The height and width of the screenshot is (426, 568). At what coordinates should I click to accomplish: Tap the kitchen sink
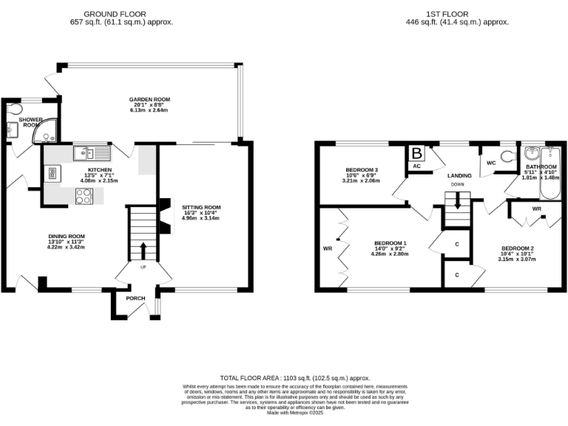click(92, 153)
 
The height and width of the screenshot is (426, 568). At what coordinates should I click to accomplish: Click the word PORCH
click(136, 298)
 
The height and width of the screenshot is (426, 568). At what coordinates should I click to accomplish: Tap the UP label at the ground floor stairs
click(143, 267)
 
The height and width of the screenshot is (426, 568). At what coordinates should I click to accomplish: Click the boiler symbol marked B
click(416, 154)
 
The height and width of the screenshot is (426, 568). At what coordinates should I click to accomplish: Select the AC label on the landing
click(416, 167)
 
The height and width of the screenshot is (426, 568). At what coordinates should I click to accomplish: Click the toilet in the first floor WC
click(507, 158)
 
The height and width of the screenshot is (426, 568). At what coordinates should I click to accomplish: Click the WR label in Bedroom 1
click(328, 248)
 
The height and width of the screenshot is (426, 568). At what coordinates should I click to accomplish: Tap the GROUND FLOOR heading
click(115, 13)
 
